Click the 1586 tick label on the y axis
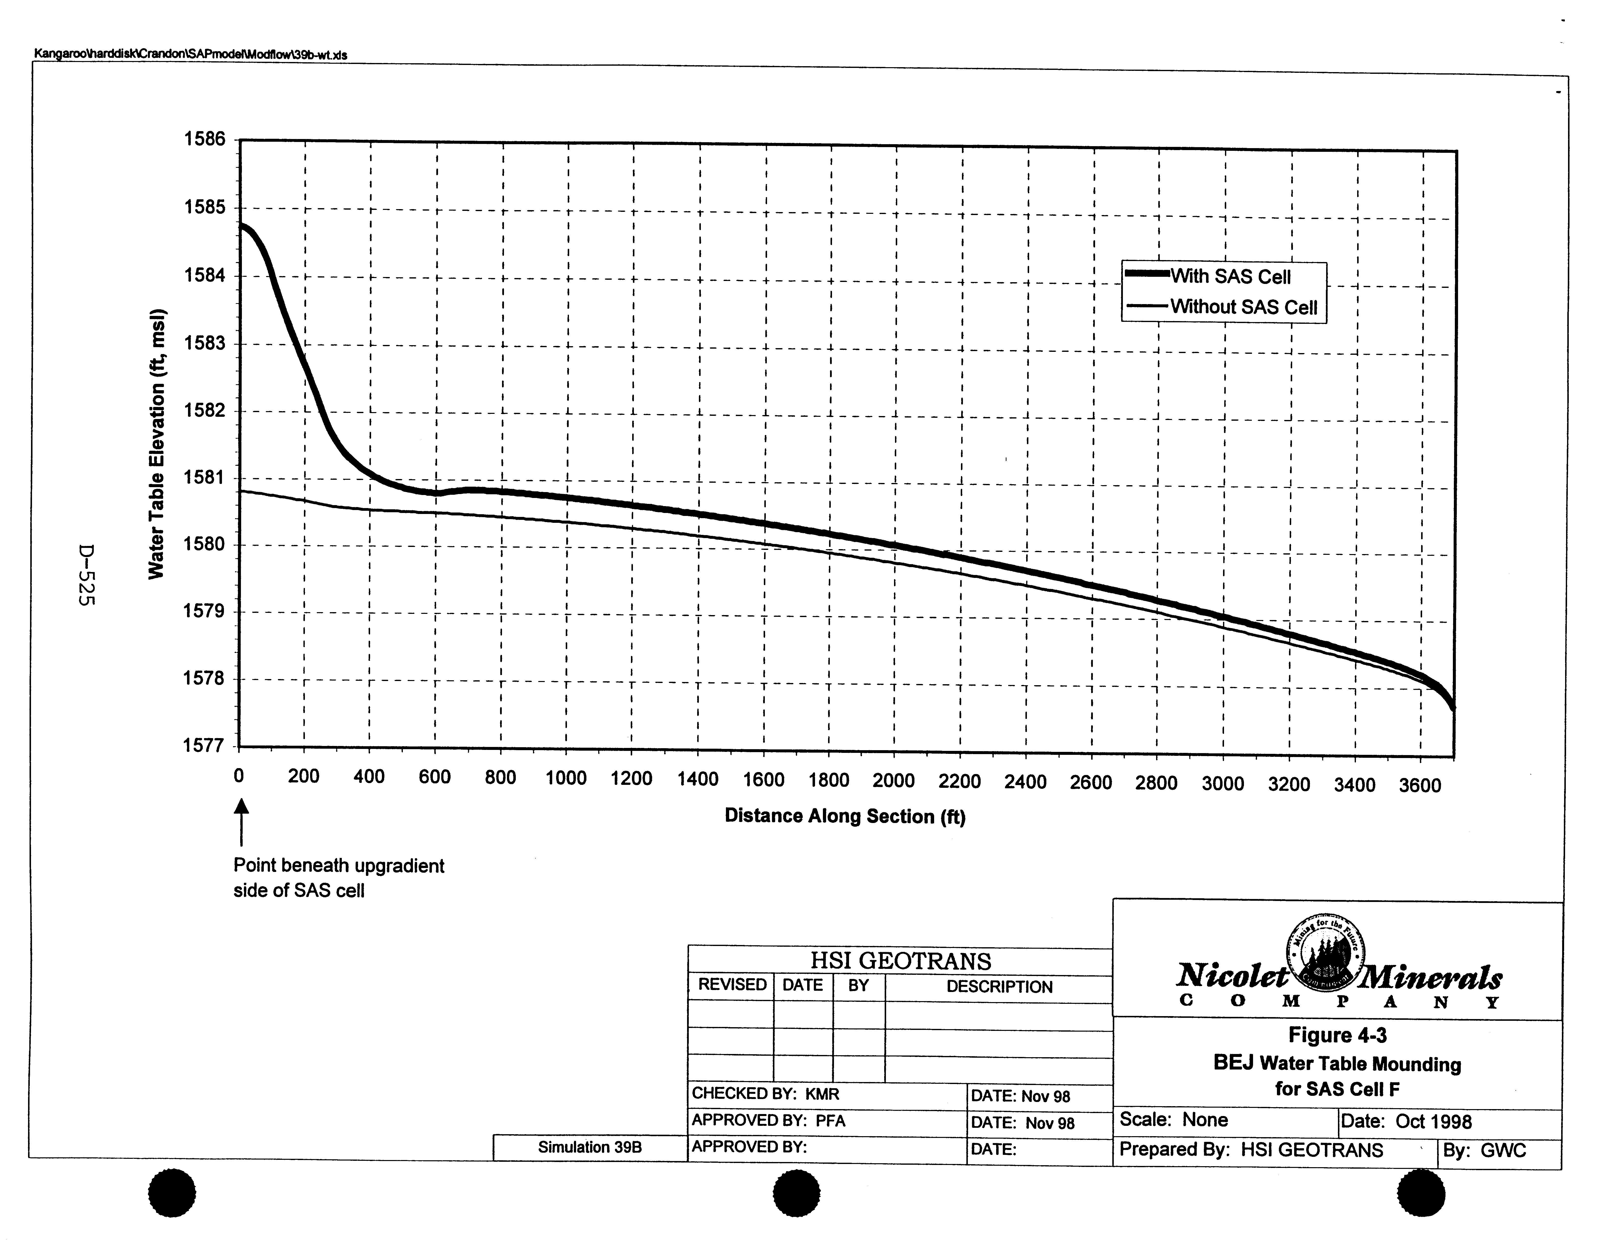205,139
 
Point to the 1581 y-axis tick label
205,477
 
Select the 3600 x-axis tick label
1420,786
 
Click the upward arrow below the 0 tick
241,821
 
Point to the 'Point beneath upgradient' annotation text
339,866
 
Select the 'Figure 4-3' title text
1337,1035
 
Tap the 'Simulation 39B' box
590,1147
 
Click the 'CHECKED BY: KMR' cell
766,1094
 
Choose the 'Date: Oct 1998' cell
1406,1122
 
